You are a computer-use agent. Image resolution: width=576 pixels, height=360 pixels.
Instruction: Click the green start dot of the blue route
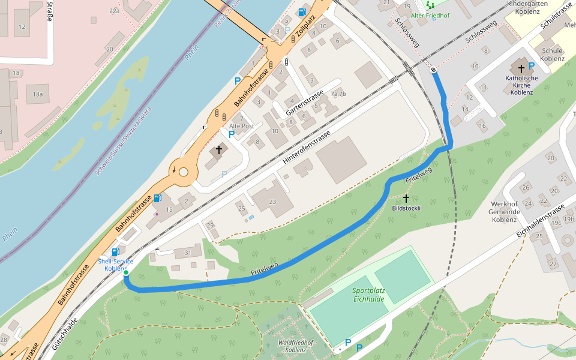tap(126, 272)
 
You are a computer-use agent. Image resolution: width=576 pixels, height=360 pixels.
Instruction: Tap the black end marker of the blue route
tap(433, 70)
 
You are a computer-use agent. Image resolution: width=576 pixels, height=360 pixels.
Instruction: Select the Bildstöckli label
tap(406, 208)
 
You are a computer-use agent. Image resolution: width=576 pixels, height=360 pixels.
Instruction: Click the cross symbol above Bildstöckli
tap(406, 198)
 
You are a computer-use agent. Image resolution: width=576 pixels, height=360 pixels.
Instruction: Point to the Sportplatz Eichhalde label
tap(368, 295)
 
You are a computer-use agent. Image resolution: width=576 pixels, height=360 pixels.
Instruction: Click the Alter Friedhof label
tap(430, 14)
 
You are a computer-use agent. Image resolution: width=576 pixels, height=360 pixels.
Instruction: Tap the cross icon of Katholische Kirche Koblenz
tap(521, 68)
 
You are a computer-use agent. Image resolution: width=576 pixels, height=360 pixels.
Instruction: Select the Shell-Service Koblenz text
tap(116, 265)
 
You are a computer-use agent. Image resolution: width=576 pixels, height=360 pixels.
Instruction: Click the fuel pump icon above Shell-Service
tap(115, 253)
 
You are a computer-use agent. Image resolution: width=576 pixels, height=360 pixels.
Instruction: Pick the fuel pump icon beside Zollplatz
tap(302, 13)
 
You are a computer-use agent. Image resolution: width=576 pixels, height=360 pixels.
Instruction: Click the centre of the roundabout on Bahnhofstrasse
tap(184, 172)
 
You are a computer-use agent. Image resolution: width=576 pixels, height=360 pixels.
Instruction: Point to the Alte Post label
tap(242, 126)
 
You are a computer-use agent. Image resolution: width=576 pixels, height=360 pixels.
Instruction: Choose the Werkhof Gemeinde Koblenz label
tap(505, 211)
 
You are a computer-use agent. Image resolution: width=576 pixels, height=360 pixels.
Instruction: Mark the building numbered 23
tap(273, 202)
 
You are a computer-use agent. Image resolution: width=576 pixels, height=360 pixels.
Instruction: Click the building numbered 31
tap(188, 253)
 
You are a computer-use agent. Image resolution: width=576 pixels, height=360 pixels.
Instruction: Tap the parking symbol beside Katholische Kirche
tap(531, 66)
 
